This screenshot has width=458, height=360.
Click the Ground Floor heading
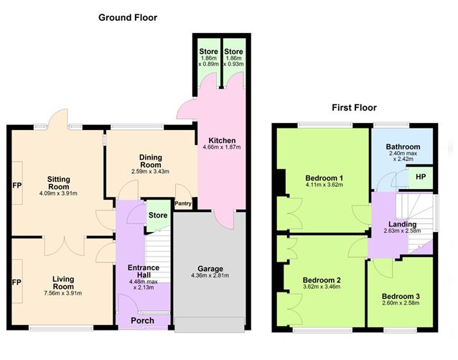[x=128, y=17]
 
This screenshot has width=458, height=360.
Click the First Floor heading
[x=354, y=108]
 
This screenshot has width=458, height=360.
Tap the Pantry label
[x=183, y=203]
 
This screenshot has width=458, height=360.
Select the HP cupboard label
[x=421, y=177]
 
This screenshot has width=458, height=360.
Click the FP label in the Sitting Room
[x=17, y=185]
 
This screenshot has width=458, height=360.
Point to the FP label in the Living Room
[x=17, y=282]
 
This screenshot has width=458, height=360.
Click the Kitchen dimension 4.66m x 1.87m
[x=222, y=147]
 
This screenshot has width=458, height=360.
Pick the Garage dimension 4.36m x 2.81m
[x=210, y=275]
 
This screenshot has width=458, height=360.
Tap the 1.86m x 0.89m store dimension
[x=209, y=61]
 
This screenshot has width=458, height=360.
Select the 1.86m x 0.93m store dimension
[x=233, y=61]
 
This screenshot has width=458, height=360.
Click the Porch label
[x=143, y=320]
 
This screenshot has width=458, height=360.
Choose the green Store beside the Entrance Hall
[x=158, y=216]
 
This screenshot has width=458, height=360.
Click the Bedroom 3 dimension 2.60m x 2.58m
[x=401, y=303]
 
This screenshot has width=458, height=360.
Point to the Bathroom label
[x=403, y=147]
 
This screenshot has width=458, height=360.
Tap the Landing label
[x=402, y=224]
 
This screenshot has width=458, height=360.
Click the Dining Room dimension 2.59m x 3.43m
[x=151, y=172]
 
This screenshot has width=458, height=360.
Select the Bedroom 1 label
[x=324, y=178]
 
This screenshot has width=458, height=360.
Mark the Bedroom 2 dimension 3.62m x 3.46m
[x=322, y=287]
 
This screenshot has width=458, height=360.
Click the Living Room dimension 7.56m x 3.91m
[x=63, y=293]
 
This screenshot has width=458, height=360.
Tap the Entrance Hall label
[x=144, y=271]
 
